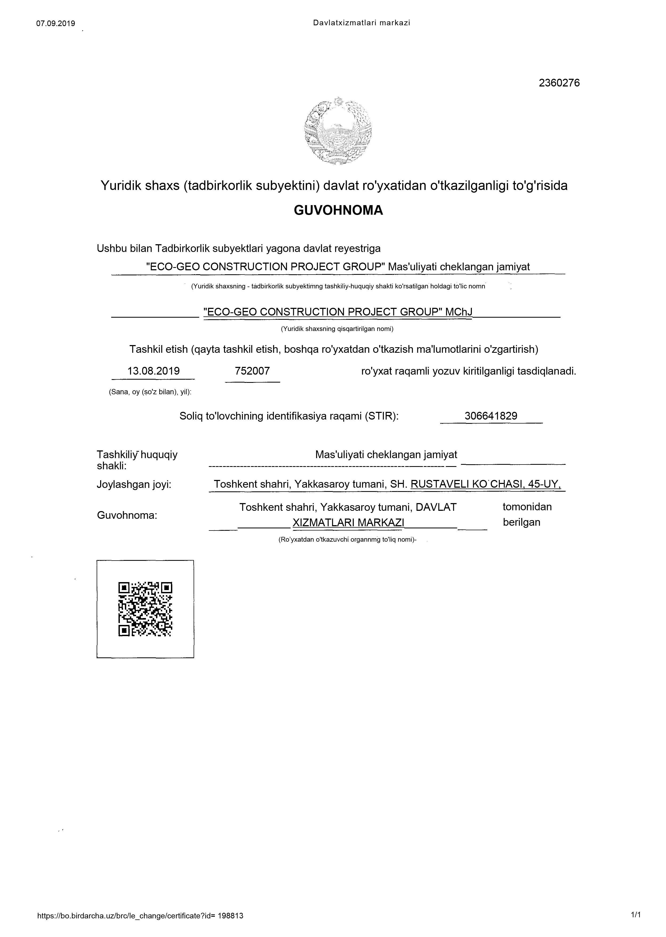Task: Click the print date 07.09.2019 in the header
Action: [56, 23]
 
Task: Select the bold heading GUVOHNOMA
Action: [338, 210]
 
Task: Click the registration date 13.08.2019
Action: [153, 371]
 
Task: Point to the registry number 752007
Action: [252, 371]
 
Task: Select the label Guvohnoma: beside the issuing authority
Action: [127, 515]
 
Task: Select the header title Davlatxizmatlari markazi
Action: [361, 23]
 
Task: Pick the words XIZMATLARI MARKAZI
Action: [348, 523]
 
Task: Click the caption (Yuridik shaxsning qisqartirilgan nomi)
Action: [337, 329]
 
